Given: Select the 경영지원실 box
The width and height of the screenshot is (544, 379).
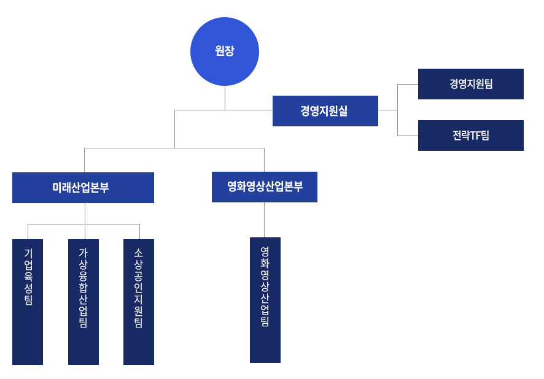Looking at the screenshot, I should coord(325,111).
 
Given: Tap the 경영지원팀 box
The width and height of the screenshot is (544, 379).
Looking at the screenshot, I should coord(470,84).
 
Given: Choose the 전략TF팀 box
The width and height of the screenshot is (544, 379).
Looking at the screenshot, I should coord(470,136).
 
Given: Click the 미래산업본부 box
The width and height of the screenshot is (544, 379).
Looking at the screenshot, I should coord(83,188).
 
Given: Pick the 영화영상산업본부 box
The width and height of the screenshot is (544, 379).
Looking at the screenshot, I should coord(264,187).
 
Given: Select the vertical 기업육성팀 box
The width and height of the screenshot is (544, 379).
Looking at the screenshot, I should coord(28,302).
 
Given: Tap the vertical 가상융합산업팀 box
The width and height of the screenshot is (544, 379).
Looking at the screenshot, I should coord(84,302).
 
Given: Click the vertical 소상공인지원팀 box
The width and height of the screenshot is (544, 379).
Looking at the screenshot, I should coord(139,302).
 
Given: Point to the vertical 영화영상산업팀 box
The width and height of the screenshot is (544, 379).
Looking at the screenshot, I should coord(265,300).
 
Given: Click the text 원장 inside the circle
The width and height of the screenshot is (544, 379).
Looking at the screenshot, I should coord(225,52).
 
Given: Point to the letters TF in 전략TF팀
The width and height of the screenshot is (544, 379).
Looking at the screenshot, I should coord(476,136).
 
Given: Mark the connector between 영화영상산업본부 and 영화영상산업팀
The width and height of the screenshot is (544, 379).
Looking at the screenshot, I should coord(265,220).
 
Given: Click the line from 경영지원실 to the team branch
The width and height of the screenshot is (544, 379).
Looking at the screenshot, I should coord(387,110).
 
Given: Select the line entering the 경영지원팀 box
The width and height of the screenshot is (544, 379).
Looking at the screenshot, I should coord(408,84).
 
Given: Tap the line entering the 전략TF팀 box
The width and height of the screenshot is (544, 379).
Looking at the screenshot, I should coord(408,136).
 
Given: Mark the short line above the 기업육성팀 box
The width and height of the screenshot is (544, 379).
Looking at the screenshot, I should coord(28,232).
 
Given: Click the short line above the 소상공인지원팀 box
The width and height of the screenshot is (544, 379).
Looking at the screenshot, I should coord(139,232).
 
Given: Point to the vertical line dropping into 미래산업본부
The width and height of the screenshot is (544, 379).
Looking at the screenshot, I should coord(85,160).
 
